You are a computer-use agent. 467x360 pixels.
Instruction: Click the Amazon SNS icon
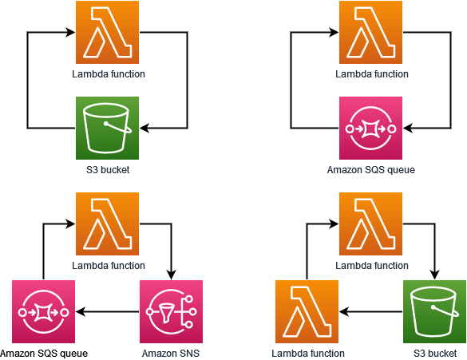pos(172,312)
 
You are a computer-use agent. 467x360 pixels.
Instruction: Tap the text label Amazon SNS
pos(171,353)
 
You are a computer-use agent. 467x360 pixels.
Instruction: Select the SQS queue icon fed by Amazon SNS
pos(44,312)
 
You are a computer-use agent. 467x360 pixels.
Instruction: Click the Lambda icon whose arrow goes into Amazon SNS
pos(108,224)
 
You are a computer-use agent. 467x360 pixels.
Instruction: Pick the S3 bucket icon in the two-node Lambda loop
pos(108,129)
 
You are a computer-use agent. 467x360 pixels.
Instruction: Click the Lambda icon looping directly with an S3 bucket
pos(108,33)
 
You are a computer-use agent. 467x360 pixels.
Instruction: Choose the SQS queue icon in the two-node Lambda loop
pos(371,129)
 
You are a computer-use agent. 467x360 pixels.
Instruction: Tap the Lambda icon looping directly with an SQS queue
pos(371,33)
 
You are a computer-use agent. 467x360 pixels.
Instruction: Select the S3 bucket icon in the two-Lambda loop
pos(435,312)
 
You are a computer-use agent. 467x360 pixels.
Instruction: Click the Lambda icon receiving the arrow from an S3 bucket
pos(307,312)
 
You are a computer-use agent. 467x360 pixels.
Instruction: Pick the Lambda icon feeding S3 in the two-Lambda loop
pos(371,224)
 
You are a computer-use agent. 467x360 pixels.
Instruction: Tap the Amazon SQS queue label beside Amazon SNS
pos(44,353)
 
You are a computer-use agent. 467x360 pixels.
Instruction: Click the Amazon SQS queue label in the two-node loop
pos(371,169)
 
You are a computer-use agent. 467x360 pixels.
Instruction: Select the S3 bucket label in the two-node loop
pos(108,169)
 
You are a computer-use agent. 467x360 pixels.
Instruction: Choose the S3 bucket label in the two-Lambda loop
pos(435,353)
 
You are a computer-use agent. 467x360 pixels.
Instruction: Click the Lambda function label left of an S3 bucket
pos(308,353)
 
